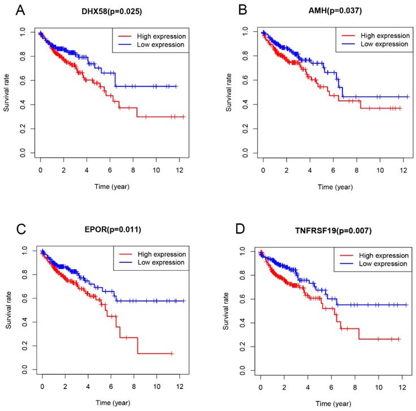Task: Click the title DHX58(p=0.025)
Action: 111,11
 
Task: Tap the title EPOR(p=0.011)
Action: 112,230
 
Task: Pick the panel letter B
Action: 226,10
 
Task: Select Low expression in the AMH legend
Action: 382,44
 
